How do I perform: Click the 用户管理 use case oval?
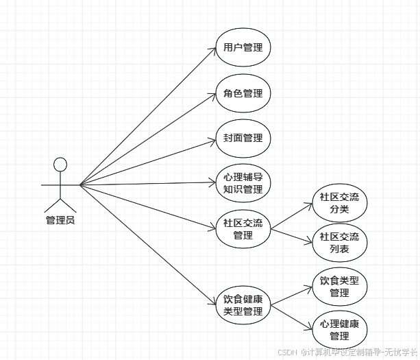tap(243, 48)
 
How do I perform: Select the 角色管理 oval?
tap(243, 93)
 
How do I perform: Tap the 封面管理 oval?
tap(243, 138)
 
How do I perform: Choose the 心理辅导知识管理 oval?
tap(243, 182)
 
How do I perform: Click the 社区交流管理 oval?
tap(243, 229)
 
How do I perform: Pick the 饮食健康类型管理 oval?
tap(243, 305)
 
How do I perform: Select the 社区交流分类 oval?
tap(339, 203)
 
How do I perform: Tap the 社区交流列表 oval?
tap(339, 242)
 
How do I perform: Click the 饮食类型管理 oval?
tap(339, 287)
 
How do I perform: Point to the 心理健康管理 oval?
tap(339, 329)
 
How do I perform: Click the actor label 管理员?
tap(60, 220)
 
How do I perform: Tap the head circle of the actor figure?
tap(60, 165)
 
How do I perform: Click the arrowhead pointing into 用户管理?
tap(213, 50)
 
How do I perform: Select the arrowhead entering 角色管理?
tap(213, 95)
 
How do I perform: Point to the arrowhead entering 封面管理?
tap(213, 140)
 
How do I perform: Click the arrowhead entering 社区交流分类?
tap(309, 204)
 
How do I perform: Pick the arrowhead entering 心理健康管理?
tap(309, 327)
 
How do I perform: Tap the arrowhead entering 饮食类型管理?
tap(309, 288)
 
